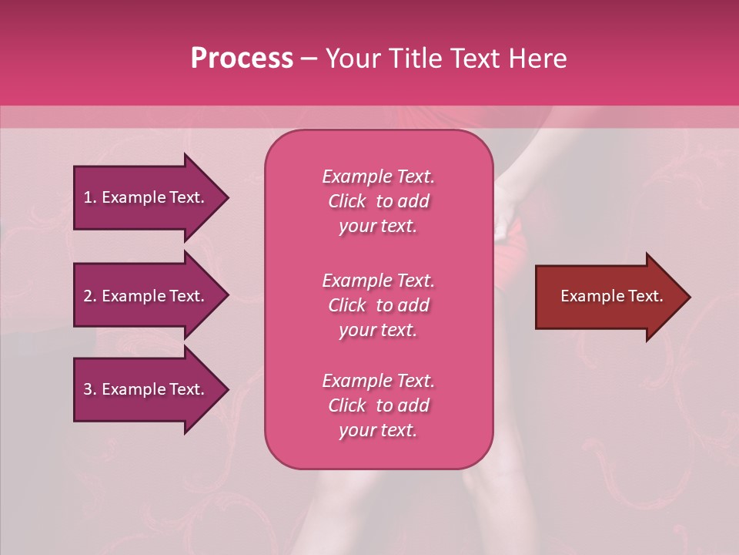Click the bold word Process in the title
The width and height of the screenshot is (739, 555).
click(242, 59)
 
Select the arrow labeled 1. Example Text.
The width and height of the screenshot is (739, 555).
click(146, 197)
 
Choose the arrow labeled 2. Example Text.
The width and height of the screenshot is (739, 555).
click(146, 296)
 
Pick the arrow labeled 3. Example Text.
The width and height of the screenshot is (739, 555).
click(146, 389)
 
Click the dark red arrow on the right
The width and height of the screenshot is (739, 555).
click(608, 296)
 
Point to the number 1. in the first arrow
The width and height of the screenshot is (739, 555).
click(90, 197)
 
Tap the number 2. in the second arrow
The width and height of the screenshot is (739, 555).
click(90, 296)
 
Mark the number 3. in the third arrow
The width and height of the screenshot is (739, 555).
click(90, 389)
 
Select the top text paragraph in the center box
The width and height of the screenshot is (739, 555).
click(378, 201)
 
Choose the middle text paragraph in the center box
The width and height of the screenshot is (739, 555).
click(378, 305)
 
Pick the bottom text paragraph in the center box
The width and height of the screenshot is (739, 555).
click(378, 405)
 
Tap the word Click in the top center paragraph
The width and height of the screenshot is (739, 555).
click(347, 201)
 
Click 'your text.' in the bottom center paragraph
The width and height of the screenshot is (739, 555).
click(378, 430)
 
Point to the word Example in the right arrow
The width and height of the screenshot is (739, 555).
click(587, 296)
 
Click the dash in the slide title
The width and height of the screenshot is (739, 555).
click(309, 59)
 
